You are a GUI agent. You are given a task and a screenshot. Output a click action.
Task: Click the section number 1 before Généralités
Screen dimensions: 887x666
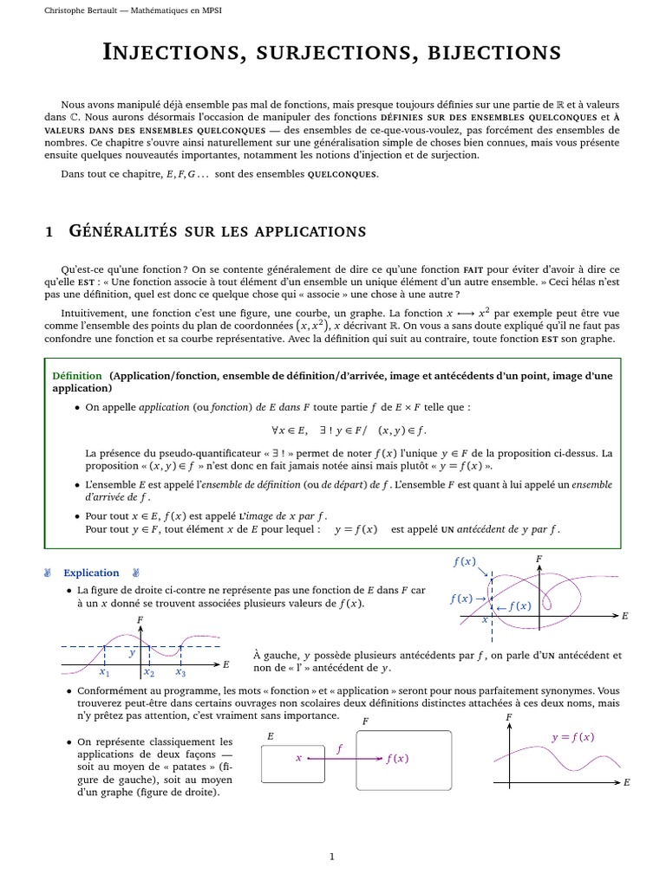pos(49,231)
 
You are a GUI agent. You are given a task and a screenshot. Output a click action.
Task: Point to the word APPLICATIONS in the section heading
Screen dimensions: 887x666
pos(301,231)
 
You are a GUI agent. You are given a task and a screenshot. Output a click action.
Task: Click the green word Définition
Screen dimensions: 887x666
pos(77,376)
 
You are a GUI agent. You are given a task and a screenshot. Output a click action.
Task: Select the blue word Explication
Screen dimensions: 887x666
pos(91,573)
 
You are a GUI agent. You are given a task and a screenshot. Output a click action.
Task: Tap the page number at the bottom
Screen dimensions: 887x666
pos(332,857)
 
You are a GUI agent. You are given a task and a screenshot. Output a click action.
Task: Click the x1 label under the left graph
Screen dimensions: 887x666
pos(104,672)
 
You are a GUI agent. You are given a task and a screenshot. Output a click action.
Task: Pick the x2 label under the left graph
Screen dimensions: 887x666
pos(148,672)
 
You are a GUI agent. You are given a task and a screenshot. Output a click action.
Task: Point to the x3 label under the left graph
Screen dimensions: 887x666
pos(180,672)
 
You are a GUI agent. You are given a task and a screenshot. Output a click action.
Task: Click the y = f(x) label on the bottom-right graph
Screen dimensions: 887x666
pos(572,737)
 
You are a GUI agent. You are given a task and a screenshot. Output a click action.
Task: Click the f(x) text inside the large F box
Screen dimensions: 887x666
pos(396,759)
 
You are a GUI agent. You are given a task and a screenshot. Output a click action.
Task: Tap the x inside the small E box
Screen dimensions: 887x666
pos(298,757)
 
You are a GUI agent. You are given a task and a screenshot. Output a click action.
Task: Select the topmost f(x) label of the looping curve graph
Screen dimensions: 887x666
pos(464,562)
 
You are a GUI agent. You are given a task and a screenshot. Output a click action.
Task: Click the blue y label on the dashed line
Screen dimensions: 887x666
pos(132,654)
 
